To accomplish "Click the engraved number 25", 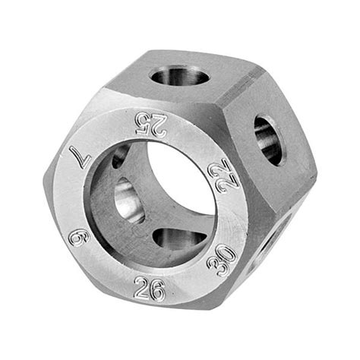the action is coord(151,125).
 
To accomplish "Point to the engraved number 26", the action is coord(150,290).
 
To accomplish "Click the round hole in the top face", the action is coord(180,75).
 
